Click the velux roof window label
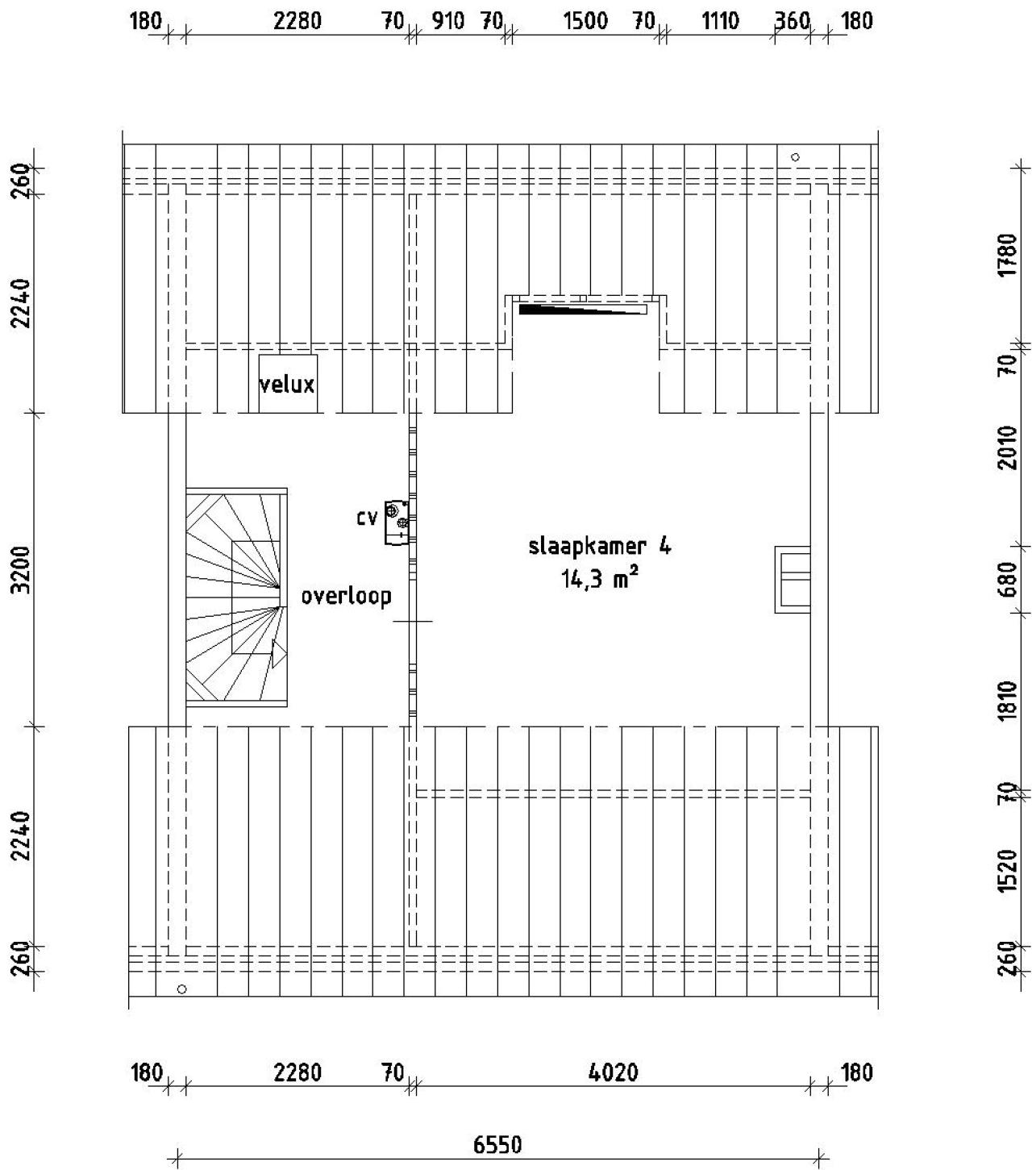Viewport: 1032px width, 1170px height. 286,384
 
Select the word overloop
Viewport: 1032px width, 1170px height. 346,596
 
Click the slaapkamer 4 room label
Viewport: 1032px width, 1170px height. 600,546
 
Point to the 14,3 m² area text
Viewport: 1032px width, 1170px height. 600,577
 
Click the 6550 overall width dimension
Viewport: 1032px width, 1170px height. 497,1128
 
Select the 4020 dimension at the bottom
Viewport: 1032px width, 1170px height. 613,1056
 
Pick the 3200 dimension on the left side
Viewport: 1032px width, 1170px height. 22,569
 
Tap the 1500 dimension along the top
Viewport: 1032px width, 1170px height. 585,21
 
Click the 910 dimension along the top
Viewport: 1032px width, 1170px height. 448,21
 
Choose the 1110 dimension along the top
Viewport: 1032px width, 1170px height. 719,21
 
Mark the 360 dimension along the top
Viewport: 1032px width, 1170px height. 792,21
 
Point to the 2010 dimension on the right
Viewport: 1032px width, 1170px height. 1009,448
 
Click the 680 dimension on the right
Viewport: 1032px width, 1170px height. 1009,579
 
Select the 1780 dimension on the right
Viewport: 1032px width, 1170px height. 1009,255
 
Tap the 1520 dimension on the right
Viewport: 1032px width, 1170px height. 1009,871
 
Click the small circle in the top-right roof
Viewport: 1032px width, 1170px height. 795,157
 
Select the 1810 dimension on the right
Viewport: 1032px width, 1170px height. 1009,701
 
